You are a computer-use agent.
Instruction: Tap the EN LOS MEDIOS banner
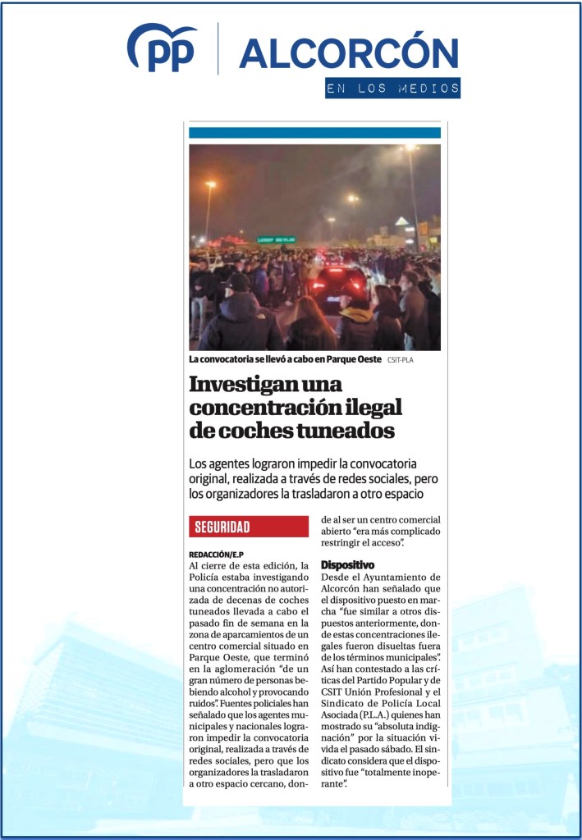(x=392, y=88)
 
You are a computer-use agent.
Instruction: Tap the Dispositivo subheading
(x=347, y=564)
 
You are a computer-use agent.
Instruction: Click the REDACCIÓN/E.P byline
(x=218, y=555)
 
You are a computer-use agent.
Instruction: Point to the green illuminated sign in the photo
(x=276, y=240)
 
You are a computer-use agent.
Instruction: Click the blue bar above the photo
(x=314, y=133)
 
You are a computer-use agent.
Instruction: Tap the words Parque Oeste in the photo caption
(x=351, y=359)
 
